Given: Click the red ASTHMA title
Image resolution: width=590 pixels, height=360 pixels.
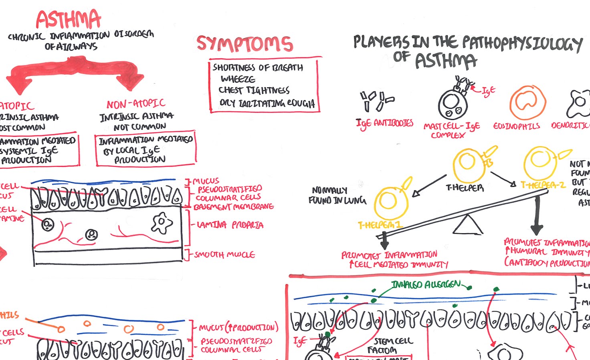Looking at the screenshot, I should (x=68, y=19).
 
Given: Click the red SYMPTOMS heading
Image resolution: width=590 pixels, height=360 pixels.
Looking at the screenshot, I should (x=244, y=44).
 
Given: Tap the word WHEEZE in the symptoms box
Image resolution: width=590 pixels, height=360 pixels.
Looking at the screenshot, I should (x=238, y=79).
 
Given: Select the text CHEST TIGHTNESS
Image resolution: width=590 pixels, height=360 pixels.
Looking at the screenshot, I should (x=254, y=90).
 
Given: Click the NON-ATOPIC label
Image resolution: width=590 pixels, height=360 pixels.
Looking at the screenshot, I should (x=136, y=104).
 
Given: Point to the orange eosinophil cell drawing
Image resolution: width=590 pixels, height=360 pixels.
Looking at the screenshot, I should (x=528, y=102).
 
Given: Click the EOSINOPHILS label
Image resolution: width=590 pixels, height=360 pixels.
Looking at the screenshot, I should (x=516, y=126).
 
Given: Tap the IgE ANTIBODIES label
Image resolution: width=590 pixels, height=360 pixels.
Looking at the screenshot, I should (x=384, y=123).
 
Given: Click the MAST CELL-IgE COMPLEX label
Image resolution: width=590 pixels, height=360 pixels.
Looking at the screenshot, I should (x=451, y=130).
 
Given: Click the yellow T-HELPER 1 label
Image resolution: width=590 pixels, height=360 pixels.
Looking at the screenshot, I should (x=380, y=225).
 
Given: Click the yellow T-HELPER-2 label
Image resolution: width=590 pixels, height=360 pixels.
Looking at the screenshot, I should (x=543, y=185).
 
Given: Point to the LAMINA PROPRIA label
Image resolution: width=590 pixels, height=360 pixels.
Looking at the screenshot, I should (x=230, y=225).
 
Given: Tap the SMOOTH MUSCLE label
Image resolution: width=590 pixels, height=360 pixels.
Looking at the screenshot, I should (x=224, y=255).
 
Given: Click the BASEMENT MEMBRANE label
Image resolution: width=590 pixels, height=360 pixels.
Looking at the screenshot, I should (x=233, y=207).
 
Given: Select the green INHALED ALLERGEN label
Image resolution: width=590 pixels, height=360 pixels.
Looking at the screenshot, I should (x=426, y=285).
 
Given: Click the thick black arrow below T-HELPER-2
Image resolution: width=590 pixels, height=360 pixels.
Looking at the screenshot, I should (x=536, y=216).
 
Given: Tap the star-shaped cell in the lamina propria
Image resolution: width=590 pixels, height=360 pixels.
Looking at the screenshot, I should (x=162, y=223).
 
